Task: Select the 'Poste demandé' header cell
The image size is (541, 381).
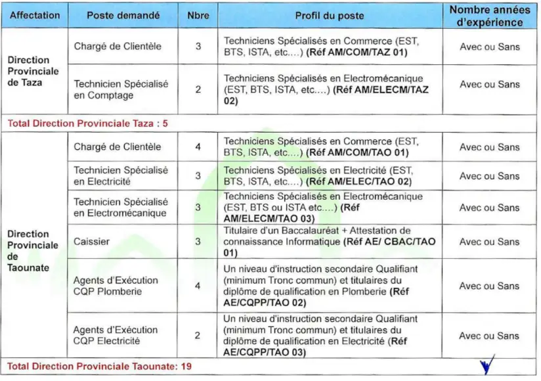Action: [123, 15]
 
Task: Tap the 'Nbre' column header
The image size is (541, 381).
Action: [198, 15]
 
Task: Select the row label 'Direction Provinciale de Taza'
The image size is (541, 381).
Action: [33, 71]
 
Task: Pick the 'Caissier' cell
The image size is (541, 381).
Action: [91, 242]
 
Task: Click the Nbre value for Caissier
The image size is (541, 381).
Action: [198, 242]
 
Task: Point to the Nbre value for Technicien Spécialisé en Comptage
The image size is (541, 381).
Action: [198, 90]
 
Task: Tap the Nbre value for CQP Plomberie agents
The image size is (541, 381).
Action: [198, 286]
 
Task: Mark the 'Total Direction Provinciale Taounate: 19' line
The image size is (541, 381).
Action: [99, 366]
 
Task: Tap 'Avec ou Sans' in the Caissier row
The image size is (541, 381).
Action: [489, 242]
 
